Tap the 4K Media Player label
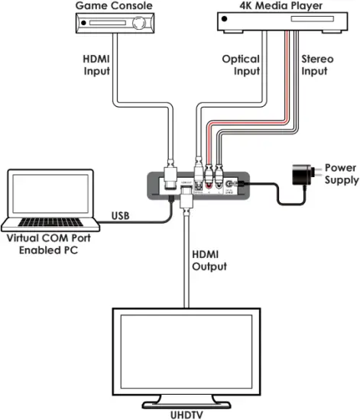point(271,6)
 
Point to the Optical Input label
point(240,65)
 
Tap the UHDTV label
point(182,412)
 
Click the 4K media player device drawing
point(271,25)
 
